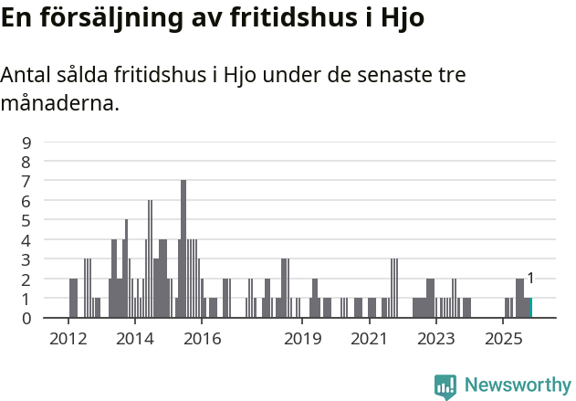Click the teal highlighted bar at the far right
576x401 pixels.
[530, 308]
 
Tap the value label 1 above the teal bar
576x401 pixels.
[530, 279]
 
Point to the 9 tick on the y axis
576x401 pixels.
[26, 142]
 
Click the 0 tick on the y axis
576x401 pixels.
[26, 318]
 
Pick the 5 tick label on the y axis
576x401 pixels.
[26, 220]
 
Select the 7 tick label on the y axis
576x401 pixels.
[26, 181]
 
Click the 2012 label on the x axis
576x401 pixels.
[68, 339]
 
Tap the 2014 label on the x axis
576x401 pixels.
[135, 339]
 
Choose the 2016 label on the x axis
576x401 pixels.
[203, 339]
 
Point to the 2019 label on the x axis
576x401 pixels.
[303, 339]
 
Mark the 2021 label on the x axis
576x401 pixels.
[370, 339]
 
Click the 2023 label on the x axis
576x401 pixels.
[436, 339]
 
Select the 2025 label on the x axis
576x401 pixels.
[503, 339]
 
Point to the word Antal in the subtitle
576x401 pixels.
[26, 76]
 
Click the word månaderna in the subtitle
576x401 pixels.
[60, 103]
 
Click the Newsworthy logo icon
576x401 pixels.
[445, 386]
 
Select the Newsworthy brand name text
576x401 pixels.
[517, 385]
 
